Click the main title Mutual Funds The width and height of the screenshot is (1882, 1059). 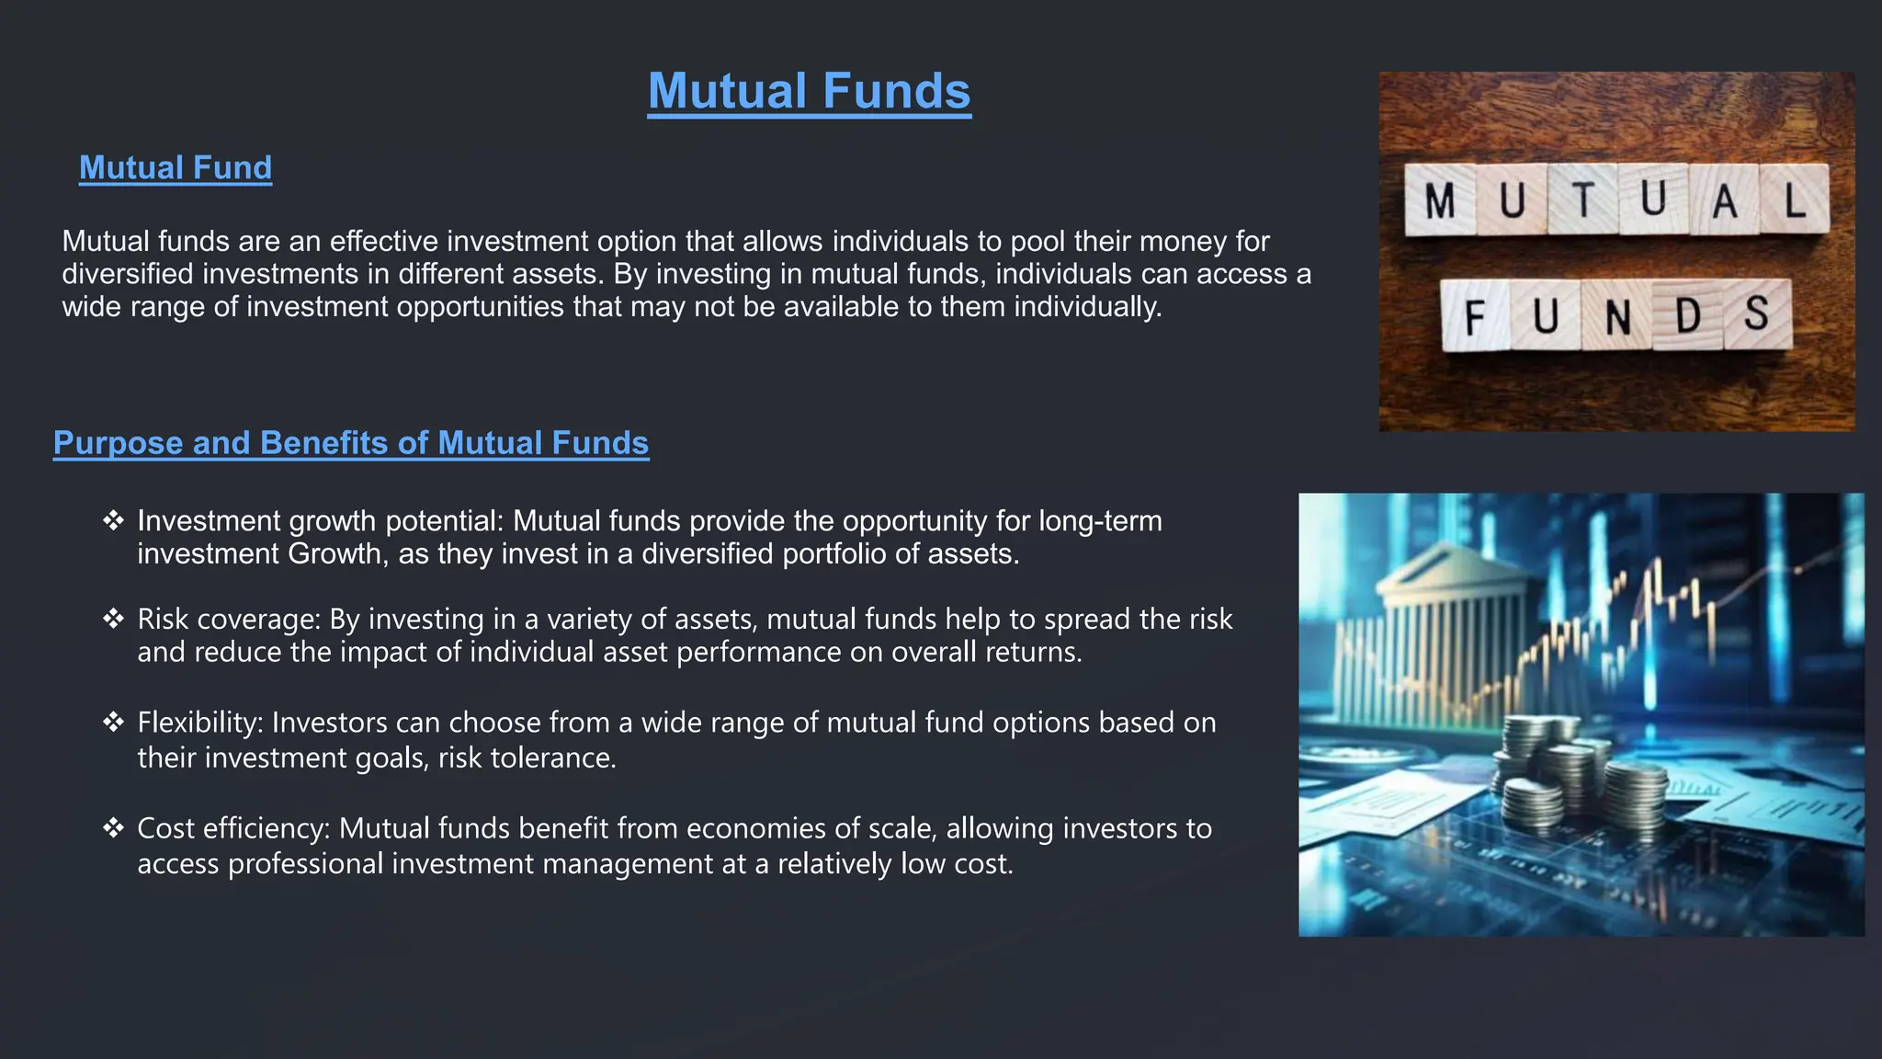point(809,91)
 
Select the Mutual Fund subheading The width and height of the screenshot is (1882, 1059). point(176,167)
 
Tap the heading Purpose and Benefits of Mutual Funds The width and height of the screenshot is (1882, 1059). point(351,443)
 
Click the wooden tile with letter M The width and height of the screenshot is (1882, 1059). point(1440,199)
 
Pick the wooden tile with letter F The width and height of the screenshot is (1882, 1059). point(1475,316)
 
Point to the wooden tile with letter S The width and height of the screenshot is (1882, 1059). point(1757,314)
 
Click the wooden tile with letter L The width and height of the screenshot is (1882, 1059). point(1794,199)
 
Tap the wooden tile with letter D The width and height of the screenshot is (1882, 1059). point(1687,316)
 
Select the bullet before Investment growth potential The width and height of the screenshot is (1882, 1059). point(113,521)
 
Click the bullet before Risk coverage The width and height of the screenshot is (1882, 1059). point(113,619)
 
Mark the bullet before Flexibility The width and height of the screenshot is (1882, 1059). point(113,723)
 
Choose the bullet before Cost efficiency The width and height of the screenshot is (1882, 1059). point(113,828)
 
